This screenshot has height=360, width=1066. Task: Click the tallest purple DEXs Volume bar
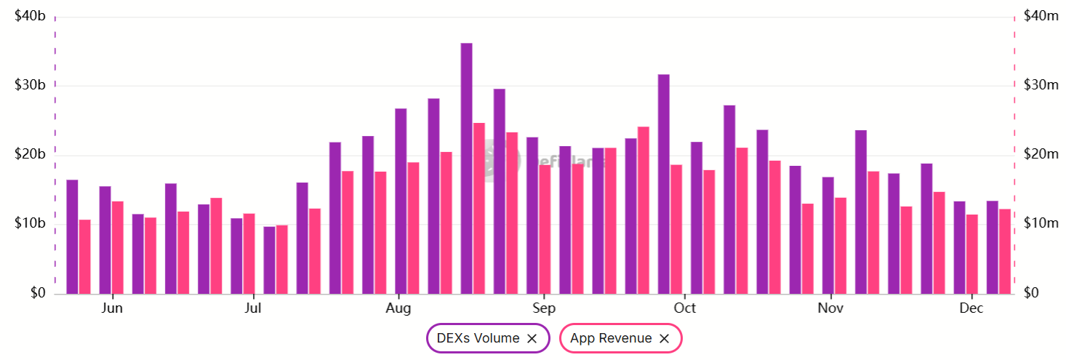pos(466,168)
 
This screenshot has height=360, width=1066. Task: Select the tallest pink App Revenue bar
pos(478,208)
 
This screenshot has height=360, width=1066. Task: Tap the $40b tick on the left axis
pos(30,15)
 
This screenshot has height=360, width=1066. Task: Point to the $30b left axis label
pos(30,85)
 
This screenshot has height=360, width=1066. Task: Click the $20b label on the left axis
pos(30,154)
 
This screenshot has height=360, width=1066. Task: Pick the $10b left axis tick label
pos(30,223)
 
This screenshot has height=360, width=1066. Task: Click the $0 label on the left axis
pos(36,293)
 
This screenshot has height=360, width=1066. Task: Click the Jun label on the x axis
pos(112,308)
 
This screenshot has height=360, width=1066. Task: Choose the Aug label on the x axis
pos(398,308)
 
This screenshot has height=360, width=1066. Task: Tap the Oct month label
pos(684,308)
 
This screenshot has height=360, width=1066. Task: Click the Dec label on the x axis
pos(971,308)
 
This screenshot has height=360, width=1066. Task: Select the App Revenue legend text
pos(611,338)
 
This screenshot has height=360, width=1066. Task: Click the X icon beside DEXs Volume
pos(532,338)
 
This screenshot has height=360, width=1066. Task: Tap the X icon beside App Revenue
pos(664,338)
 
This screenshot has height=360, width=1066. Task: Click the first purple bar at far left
pos(72,236)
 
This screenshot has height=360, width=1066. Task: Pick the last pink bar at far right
pos(1005,251)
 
